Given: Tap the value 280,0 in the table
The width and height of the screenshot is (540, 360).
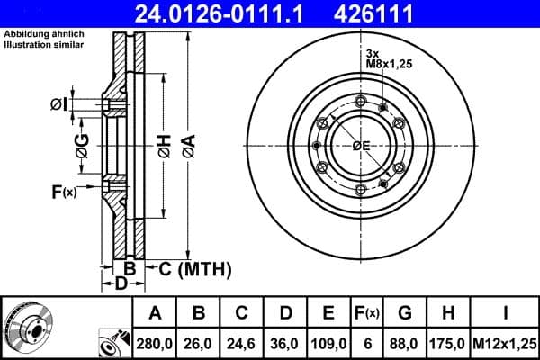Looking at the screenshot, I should point(155,342).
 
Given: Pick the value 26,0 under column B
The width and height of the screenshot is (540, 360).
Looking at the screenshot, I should point(200,342).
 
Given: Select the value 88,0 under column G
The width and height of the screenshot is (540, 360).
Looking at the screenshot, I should point(405,342).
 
